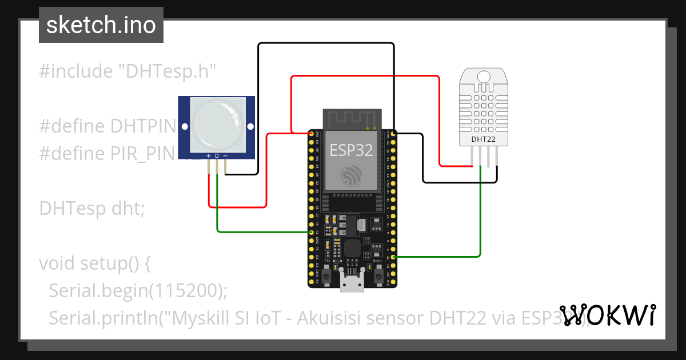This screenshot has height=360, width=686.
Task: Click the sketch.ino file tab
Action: pyautogui.click(x=101, y=25)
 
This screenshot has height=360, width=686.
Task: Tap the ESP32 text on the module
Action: pyautogui.click(x=351, y=150)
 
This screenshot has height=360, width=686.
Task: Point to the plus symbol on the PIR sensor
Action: pyautogui.click(x=209, y=156)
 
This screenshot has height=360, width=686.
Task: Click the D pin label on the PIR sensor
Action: pyautogui.click(x=217, y=156)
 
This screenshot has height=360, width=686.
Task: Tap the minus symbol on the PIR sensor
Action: pyautogui.click(x=225, y=156)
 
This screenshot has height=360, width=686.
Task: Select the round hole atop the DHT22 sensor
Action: pyautogui.click(x=484, y=77)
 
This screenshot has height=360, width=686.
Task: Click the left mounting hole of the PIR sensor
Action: pyautogui.click(x=184, y=126)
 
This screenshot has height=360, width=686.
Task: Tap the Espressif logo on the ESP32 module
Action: pyautogui.click(x=351, y=177)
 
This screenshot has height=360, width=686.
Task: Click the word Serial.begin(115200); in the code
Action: pyautogui.click(x=138, y=291)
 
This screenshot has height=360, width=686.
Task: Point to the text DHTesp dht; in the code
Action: pyautogui.click(x=93, y=209)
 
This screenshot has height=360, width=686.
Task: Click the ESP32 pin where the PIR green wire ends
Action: pyautogui.click(x=311, y=233)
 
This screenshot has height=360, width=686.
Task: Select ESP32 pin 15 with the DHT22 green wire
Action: pyautogui.click(x=393, y=258)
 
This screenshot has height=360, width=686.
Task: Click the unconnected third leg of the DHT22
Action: pyautogui.click(x=489, y=157)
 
